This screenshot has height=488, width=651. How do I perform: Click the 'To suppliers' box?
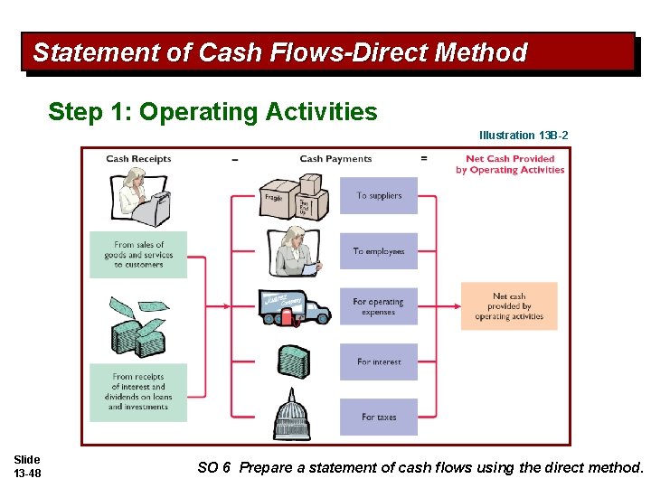379,195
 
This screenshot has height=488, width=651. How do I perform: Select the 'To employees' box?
379,251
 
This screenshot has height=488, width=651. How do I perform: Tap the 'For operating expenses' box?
379,306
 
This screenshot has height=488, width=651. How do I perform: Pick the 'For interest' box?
379,361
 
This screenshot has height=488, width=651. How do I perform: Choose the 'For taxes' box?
379,417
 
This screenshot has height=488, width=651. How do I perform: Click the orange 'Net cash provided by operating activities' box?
509,305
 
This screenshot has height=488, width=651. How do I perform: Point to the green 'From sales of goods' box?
138,254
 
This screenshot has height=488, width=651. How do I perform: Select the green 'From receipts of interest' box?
138,391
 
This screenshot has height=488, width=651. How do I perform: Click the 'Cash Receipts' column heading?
138,159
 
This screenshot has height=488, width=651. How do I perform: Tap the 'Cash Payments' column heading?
335,159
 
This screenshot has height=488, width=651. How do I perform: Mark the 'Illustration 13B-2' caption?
524,136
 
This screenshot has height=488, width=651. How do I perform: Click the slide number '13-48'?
27,474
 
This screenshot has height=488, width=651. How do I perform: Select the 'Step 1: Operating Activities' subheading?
212,112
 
